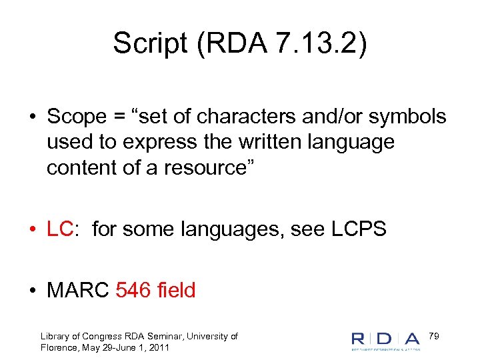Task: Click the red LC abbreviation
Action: pyautogui.click(x=60, y=229)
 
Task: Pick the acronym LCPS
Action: pyautogui.click(x=358, y=229)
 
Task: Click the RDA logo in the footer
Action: pyautogui.click(x=386, y=340)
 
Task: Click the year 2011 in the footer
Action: pyautogui.click(x=158, y=348)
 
